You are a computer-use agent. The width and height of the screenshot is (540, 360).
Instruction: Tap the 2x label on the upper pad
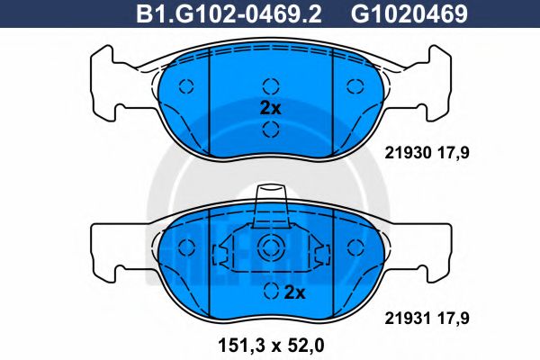(x=271, y=107)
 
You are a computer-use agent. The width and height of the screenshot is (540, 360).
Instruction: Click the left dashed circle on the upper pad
(x=186, y=87)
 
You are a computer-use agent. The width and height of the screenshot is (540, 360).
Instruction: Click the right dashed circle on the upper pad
(x=353, y=87)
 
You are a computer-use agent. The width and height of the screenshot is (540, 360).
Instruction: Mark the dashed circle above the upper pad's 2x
(x=269, y=86)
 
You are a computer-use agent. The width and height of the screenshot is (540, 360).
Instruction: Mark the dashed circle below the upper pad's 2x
(x=269, y=129)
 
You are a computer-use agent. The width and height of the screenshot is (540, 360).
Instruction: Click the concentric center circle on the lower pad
(x=270, y=249)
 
